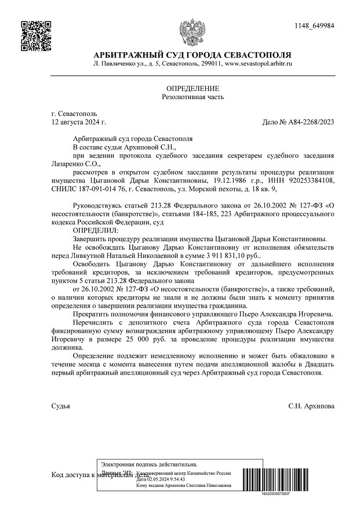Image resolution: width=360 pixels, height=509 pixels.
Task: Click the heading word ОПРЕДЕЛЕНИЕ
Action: click(192, 88)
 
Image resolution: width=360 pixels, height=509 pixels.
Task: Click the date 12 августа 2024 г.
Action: click(79, 122)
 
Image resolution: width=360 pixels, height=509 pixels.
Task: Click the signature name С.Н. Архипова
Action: click(311, 406)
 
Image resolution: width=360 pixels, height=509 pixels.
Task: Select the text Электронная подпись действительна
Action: click(149, 464)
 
